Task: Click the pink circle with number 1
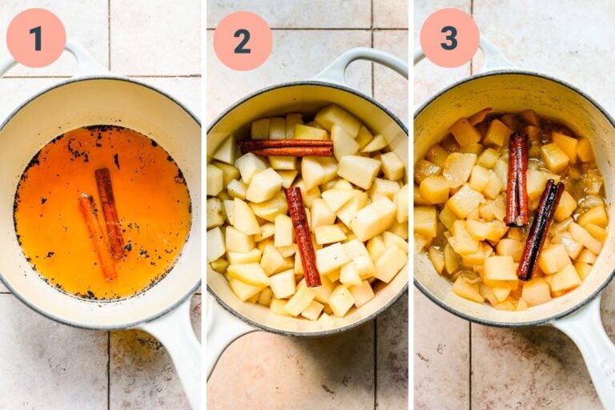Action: tap(35, 38)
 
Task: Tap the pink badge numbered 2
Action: tap(242, 40)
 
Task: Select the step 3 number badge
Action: tap(449, 38)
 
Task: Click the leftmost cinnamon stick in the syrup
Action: tap(97, 238)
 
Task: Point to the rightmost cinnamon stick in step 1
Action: tap(110, 212)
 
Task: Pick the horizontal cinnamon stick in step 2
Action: tap(286, 147)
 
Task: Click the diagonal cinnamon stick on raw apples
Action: tap(303, 235)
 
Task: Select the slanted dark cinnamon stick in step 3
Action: tap(541, 229)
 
